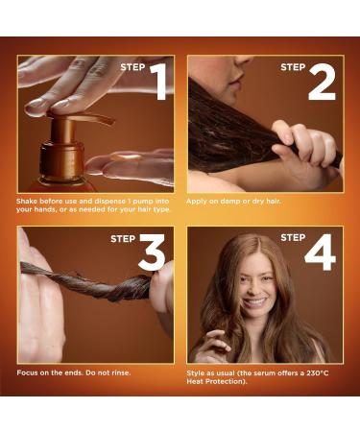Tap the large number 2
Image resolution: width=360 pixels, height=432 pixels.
click(x=322, y=83)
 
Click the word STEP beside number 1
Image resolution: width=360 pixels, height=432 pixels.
click(x=132, y=67)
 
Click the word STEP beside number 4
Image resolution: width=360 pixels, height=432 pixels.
click(x=293, y=237)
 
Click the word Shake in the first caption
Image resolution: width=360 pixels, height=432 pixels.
click(x=28, y=201)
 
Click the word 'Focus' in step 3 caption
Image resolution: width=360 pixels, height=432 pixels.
click(x=28, y=372)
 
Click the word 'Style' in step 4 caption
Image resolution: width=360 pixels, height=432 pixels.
click(x=197, y=372)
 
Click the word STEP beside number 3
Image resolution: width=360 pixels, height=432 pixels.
click(x=123, y=238)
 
